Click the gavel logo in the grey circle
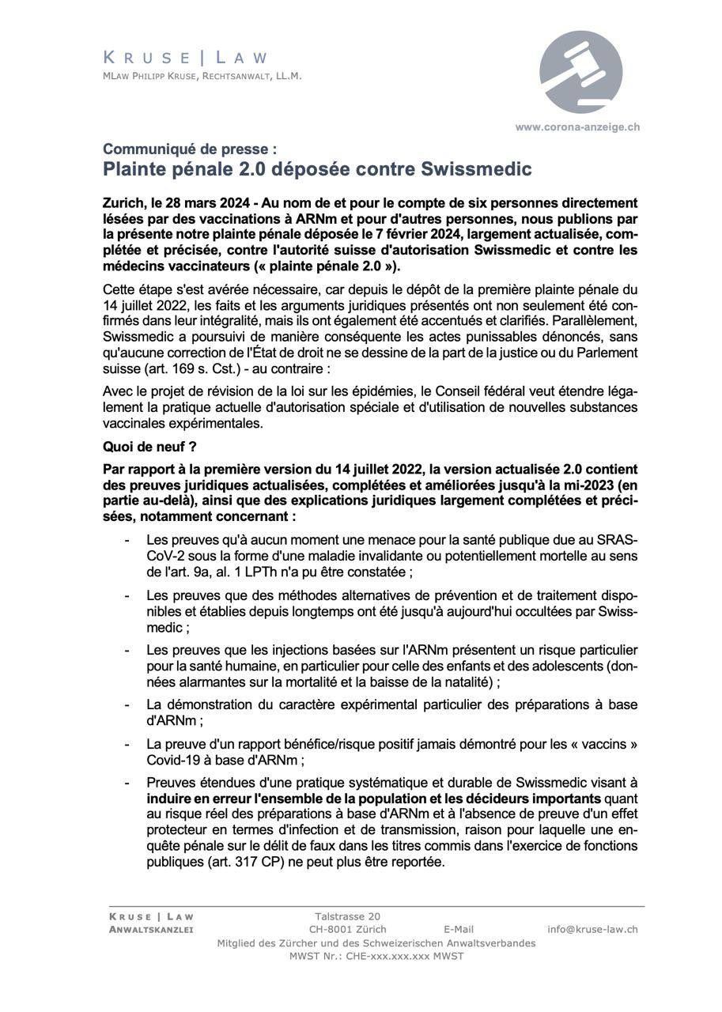[x=580, y=73]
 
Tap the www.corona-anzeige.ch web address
[x=577, y=126]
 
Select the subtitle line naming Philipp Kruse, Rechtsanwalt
[x=202, y=77]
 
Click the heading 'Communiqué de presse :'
[x=190, y=149]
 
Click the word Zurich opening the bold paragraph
[x=123, y=203]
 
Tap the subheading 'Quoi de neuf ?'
[x=149, y=447]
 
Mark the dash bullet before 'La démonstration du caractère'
[x=127, y=704]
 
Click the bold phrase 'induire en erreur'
[x=198, y=799]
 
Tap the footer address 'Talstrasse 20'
[x=347, y=916]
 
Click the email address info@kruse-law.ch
[x=592, y=930]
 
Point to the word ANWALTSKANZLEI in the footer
[x=151, y=930]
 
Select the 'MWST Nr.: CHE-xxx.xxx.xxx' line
[x=376, y=956]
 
